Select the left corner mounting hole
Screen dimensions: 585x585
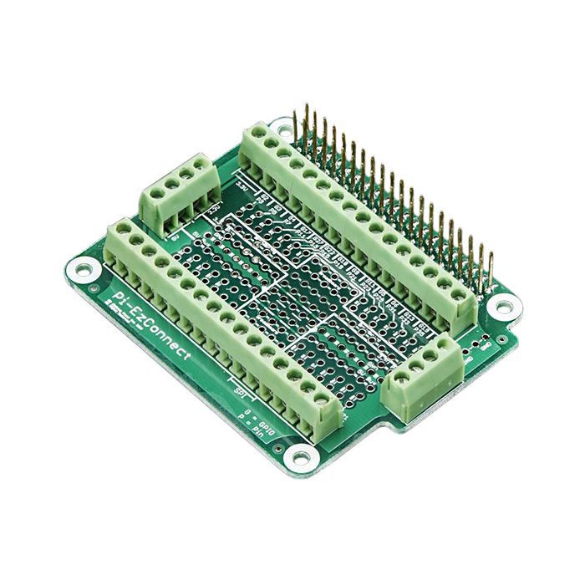pos(83,269)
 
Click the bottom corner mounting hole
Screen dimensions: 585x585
pos(296,456)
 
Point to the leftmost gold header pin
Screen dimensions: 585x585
pos(306,125)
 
